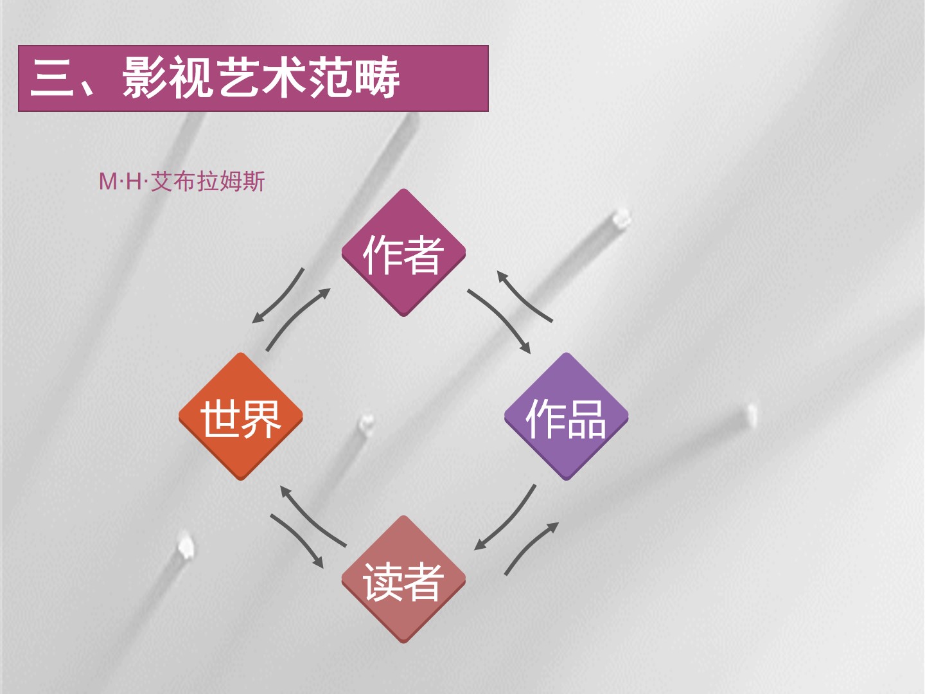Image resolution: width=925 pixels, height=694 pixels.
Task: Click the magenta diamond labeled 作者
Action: [403, 253]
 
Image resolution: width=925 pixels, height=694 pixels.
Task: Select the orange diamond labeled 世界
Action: [240, 416]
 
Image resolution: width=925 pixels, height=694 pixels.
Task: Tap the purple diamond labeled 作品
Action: [566, 416]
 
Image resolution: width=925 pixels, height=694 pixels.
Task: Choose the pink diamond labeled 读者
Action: [403, 580]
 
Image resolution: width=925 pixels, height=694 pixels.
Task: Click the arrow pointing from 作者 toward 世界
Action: [279, 297]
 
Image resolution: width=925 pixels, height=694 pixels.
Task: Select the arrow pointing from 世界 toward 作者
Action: [297, 319]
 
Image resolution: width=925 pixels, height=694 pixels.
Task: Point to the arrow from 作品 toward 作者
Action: [524, 296]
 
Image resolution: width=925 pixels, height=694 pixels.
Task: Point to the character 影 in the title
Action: [145, 78]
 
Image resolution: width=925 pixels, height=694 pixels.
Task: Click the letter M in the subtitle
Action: [107, 182]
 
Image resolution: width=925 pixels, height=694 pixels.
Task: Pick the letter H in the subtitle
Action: [134, 182]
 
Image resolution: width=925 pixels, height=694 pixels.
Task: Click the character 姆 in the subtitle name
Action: [231, 182]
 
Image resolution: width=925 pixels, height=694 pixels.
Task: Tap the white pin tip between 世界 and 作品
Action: [366, 422]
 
